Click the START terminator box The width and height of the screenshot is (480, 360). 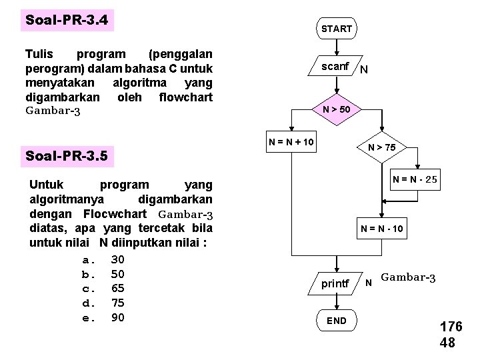[x=336, y=29]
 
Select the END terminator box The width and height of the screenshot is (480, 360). [x=336, y=321]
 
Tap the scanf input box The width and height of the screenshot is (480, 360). [x=335, y=67]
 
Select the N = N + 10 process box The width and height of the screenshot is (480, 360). [x=291, y=141]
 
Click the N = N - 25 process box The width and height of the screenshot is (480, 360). [x=415, y=179]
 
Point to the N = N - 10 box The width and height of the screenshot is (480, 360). [x=382, y=229]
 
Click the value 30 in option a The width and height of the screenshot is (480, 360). [x=118, y=259]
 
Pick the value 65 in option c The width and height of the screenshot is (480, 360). [x=118, y=288]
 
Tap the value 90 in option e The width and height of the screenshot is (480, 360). [x=118, y=317]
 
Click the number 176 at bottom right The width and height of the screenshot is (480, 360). [x=451, y=327]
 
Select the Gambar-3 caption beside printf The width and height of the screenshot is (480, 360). [x=408, y=277]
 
